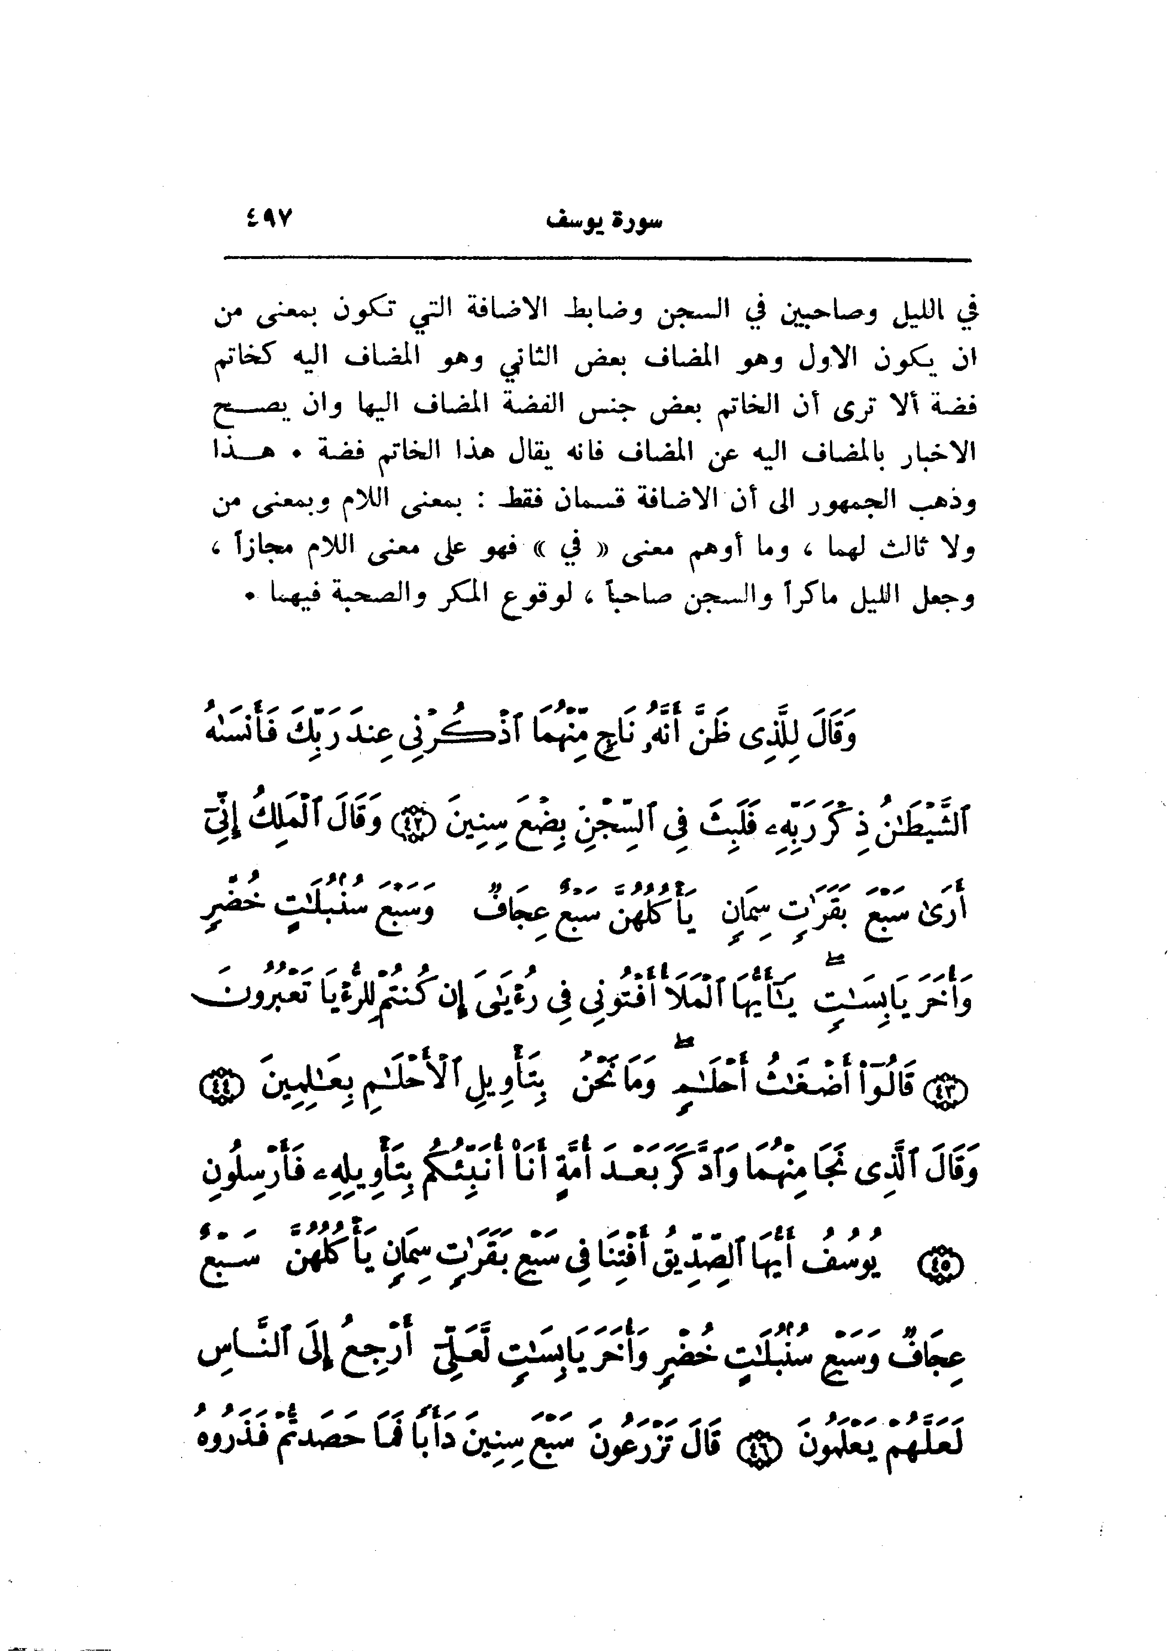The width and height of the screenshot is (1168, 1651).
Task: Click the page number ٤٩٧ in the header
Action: (270, 217)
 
